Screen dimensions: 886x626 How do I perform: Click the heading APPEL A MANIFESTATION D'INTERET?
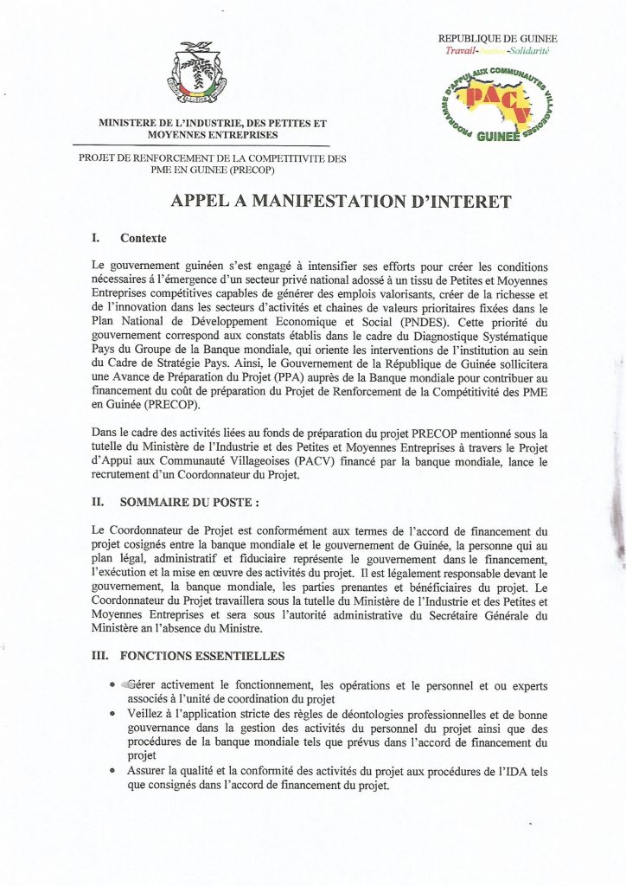coord(341,201)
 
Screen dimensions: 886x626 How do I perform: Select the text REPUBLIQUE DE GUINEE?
coord(497,38)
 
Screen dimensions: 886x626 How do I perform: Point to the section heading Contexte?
coord(144,238)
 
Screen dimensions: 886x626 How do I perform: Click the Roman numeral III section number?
coord(99,656)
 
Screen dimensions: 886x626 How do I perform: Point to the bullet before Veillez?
coord(113,716)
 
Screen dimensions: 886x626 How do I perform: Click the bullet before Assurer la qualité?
coord(113,770)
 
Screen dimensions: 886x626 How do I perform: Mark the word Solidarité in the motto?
coord(528,51)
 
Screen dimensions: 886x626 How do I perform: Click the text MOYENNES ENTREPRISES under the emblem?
coord(213,136)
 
